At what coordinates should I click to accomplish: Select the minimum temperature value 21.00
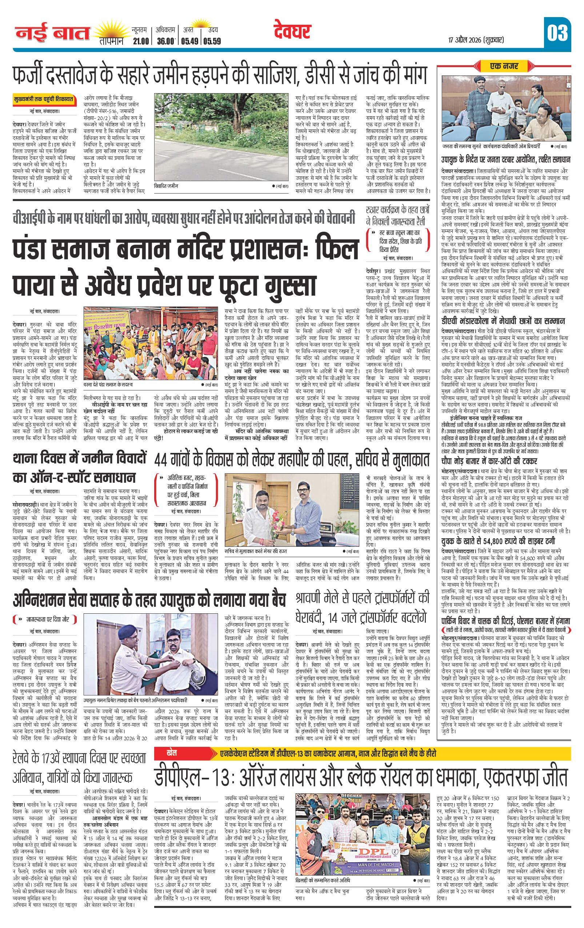(140, 41)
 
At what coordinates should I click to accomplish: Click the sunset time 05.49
(188, 41)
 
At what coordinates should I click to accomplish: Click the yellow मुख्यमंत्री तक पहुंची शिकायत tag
(43, 99)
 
